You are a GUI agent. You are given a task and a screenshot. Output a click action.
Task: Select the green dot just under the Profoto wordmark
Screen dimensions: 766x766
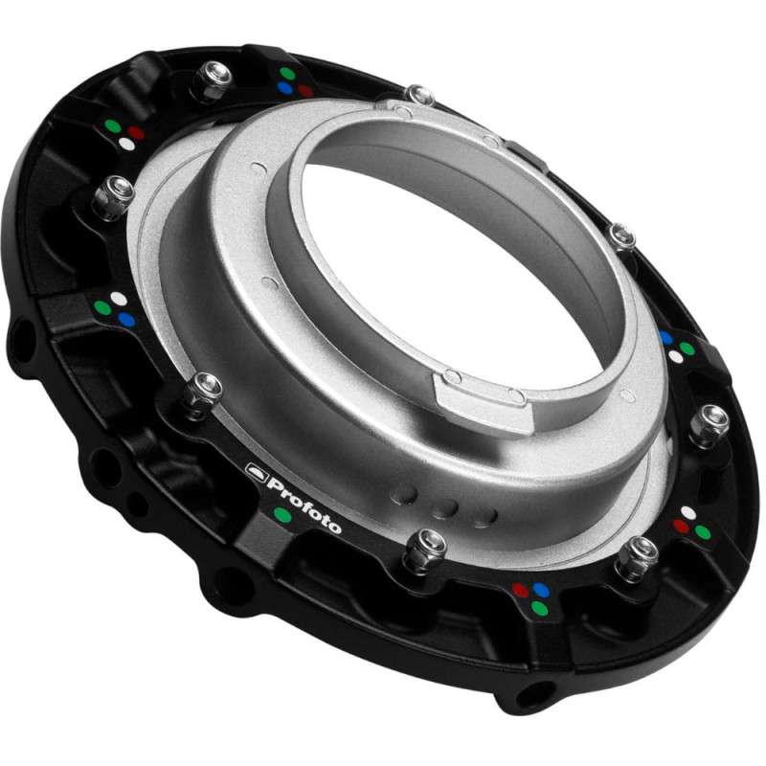(282, 514)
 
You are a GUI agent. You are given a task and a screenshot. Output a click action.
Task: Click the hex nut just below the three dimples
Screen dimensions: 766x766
(426, 549)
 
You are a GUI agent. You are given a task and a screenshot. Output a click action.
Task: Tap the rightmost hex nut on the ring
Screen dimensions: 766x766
(709, 424)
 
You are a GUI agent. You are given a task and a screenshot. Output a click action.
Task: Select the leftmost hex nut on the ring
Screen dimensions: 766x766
(113, 196)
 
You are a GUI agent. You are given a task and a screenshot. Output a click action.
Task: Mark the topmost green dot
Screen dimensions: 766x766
(287, 74)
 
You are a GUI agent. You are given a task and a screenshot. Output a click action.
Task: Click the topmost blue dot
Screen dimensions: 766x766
(284, 88)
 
